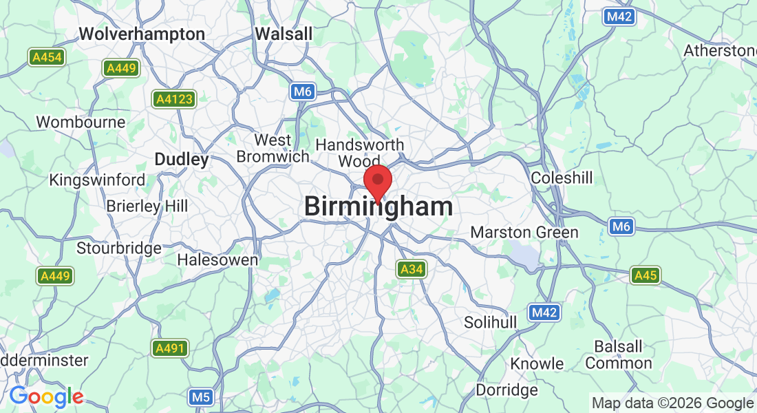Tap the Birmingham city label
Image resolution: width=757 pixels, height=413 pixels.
tap(378, 206)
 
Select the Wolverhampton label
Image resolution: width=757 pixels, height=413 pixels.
tap(142, 34)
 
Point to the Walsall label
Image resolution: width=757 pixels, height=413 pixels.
tap(284, 34)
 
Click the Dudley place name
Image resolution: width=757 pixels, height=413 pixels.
tap(181, 160)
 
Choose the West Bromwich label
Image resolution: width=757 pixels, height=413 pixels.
tap(273, 149)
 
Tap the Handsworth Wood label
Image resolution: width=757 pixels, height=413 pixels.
tap(359, 153)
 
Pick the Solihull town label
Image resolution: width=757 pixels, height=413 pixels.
tap(490, 322)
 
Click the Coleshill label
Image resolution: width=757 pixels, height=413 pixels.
tap(562, 178)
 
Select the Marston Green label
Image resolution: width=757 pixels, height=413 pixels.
tap(524, 233)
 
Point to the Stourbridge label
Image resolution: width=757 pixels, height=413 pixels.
tap(119, 248)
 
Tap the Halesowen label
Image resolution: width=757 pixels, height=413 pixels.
tap(217, 260)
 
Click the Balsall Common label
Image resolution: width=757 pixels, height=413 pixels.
tap(619, 355)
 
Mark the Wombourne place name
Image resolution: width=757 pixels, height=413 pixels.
tap(81, 123)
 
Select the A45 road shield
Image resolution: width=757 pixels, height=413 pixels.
tap(646, 275)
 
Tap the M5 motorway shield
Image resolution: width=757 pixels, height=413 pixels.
tap(200, 397)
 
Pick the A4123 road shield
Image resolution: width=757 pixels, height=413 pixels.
tap(174, 99)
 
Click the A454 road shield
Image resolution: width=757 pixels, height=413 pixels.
tap(47, 57)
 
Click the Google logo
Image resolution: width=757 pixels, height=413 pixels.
tap(46, 396)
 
